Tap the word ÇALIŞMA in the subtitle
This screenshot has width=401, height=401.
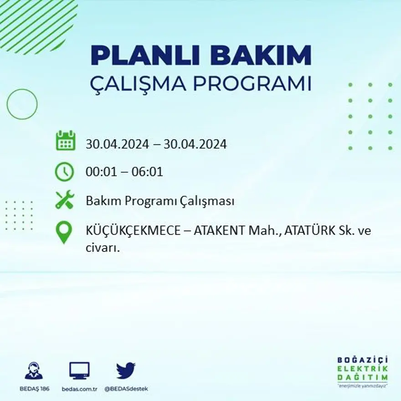click(x=138, y=84)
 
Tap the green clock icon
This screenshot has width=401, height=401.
click(x=65, y=172)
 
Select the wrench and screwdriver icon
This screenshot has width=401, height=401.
click(x=65, y=200)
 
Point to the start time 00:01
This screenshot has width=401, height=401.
click(x=99, y=172)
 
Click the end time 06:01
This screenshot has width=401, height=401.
click(x=148, y=172)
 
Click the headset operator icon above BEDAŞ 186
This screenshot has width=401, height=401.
click(x=34, y=371)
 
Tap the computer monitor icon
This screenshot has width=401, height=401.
click(x=79, y=371)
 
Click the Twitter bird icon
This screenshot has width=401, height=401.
click(x=126, y=370)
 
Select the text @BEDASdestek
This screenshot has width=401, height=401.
click(x=126, y=389)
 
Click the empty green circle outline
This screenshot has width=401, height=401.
click(x=22, y=104)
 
